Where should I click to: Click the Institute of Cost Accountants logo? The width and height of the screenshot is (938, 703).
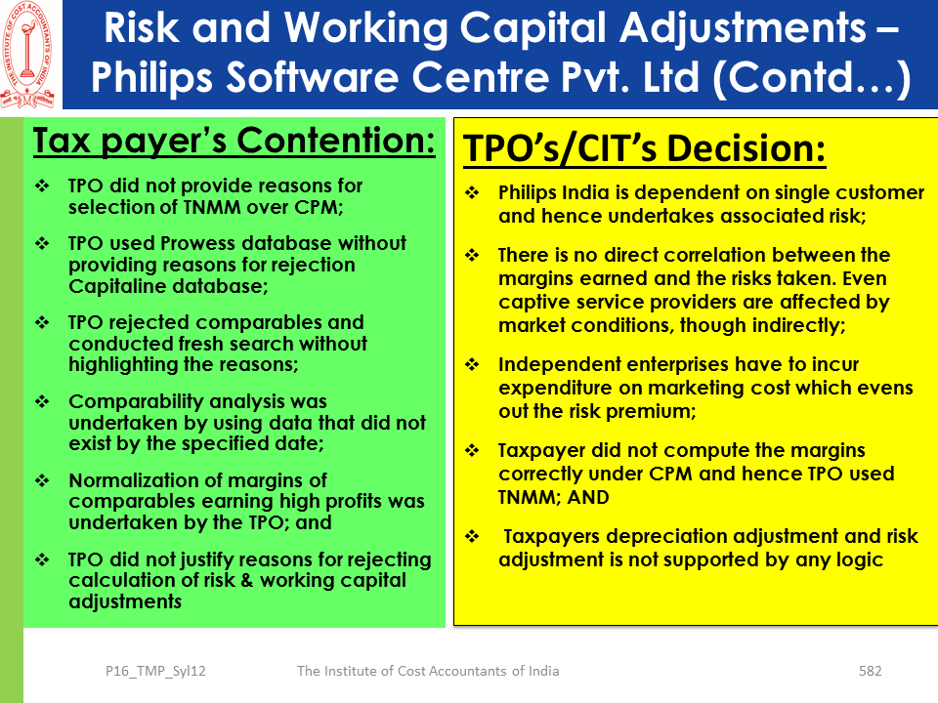pos(28,55)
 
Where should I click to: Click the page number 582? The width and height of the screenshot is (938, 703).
pos(870,671)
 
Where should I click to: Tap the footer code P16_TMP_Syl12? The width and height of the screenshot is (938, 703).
pos(155,672)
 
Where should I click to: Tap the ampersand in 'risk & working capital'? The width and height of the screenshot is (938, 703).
pos(247,580)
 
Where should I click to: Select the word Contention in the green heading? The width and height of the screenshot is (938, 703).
pos(335,141)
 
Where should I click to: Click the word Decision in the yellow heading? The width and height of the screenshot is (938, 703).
pos(746,148)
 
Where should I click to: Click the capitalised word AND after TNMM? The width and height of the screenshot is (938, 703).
pos(588,497)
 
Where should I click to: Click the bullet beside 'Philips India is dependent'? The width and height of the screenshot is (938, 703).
pos(472,192)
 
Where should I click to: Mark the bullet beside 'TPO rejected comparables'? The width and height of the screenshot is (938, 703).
pos(42,322)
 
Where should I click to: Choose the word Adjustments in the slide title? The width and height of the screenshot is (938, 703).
pos(743,28)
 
